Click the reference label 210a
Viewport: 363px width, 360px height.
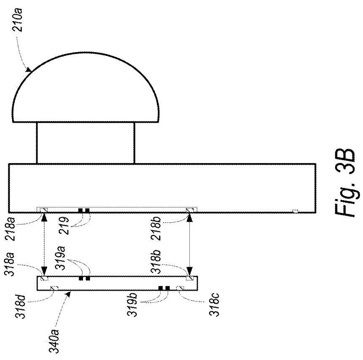coord(18,20)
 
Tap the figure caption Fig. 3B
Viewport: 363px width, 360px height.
coord(345,182)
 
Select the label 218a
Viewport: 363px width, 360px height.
coord(10,229)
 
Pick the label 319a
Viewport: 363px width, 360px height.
coord(61,258)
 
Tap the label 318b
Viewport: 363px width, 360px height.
coord(156,262)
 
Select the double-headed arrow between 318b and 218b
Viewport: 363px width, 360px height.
coord(190,244)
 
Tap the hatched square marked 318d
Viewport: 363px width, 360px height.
coord(54,288)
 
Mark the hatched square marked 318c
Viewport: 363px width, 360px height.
coord(180,288)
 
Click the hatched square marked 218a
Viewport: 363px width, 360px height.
coord(44,210)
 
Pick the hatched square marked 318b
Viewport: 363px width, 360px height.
coord(190,278)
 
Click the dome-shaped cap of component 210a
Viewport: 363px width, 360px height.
coord(85,87)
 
